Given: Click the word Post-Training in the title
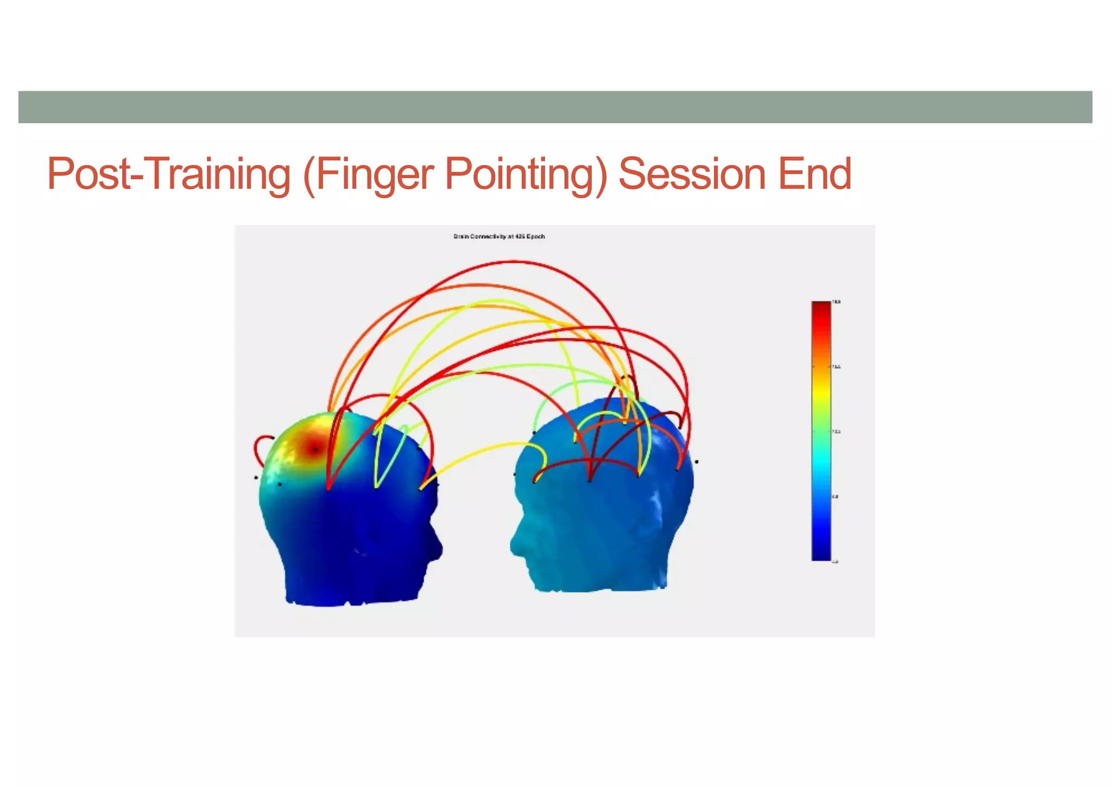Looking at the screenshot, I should [x=168, y=174].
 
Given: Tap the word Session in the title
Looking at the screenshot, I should [x=692, y=174].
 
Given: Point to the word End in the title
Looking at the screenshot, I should [x=814, y=174].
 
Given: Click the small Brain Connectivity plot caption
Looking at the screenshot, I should [x=499, y=237].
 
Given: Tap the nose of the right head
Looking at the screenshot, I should [x=514, y=543].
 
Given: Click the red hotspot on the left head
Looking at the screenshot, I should [x=314, y=449].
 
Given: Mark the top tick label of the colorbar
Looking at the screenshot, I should [x=837, y=302].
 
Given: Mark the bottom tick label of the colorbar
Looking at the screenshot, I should [x=835, y=561].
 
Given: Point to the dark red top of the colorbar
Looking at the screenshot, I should [x=821, y=307].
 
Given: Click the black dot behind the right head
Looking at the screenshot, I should [x=697, y=462].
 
